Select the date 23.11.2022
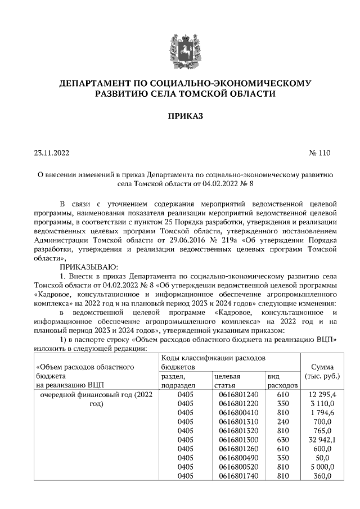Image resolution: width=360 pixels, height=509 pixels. pos(52,152)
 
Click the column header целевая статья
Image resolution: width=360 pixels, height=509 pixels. pos(227,381)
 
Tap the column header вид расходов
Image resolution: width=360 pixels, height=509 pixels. pos(282,381)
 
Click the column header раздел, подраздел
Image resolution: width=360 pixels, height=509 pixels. pos(178,381)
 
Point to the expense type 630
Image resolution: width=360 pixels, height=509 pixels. pos(282,440)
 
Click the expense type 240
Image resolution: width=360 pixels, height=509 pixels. pos(282,422)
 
